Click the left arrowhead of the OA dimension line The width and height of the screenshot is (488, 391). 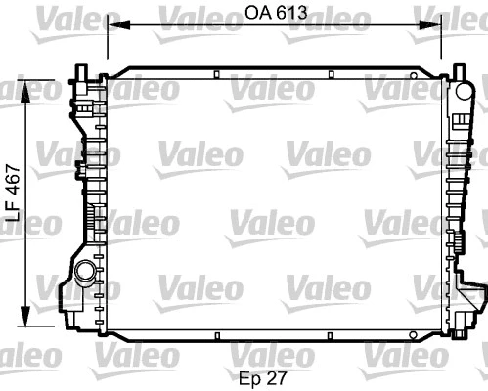[111, 26]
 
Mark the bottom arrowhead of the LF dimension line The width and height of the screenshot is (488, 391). [26, 321]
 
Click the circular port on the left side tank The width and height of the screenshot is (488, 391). [84, 272]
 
